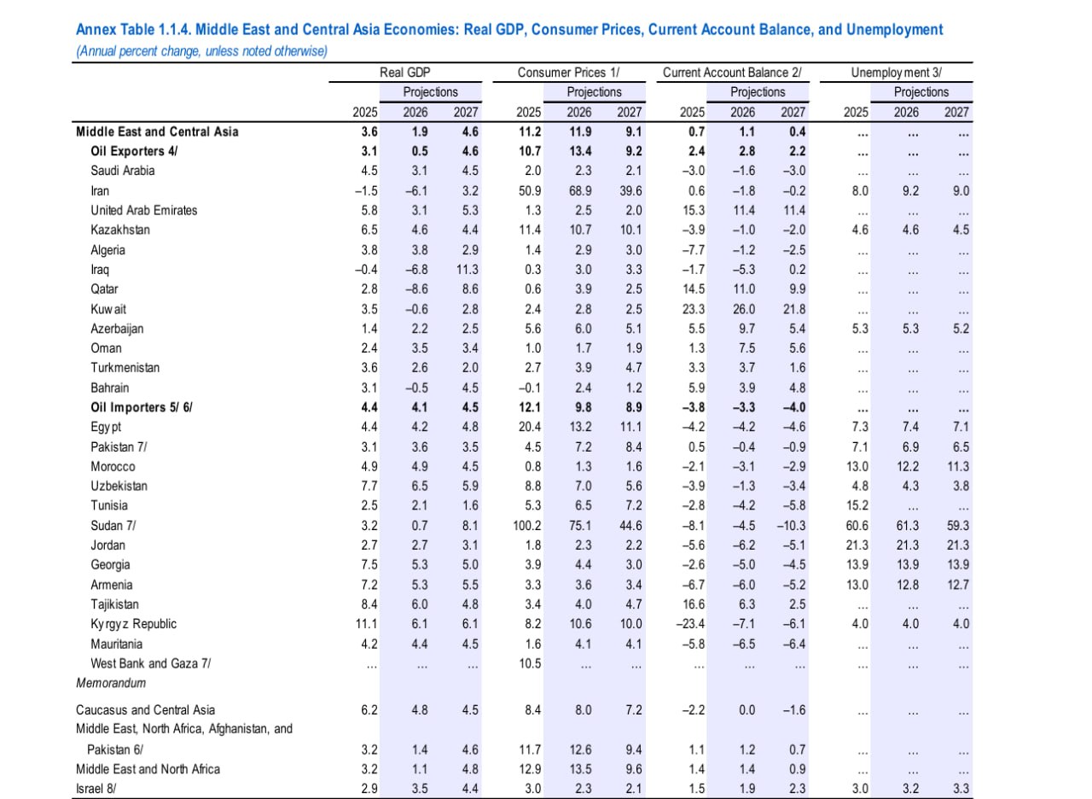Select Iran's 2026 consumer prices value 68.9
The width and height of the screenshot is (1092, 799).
click(579, 191)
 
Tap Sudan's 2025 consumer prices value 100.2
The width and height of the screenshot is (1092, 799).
click(526, 526)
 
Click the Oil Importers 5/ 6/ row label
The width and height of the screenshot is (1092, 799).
click(141, 407)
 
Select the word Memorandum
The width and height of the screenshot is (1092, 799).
click(111, 683)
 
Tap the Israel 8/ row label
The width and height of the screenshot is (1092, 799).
click(96, 789)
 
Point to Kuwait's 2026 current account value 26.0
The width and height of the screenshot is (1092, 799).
click(742, 309)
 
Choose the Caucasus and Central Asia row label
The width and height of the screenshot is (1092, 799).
click(145, 710)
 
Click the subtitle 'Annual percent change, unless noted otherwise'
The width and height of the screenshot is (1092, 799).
click(201, 51)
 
